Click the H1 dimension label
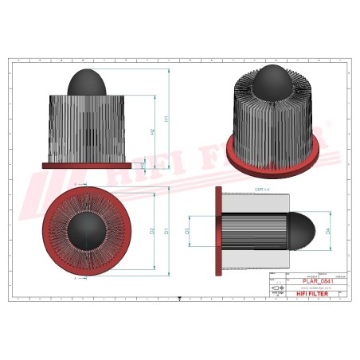pos(166,119)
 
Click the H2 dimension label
pos(152,131)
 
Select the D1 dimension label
pos(166,231)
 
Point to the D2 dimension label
pos(152,231)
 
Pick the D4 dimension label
pos(328,232)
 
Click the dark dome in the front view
pos(87,83)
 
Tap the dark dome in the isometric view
pos(272,81)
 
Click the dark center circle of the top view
pos(86,231)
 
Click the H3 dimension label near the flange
pos(143,165)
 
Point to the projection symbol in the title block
pos(277,287)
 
